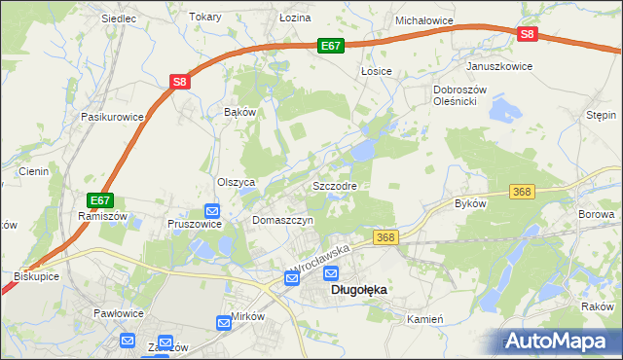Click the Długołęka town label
coord(359,289)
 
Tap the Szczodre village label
coord(335,185)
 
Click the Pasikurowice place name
coord(113,116)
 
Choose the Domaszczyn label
coord(282,221)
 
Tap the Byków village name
coord(470,203)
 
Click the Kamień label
coord(425,319)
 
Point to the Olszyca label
coord(236,182)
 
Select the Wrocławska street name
coord(319,258)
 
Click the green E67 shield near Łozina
coord(331,45)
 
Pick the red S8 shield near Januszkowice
coord(527,34)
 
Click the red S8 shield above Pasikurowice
coord(179,83)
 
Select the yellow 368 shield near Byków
coord(523,192)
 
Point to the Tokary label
coord(205,18)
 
